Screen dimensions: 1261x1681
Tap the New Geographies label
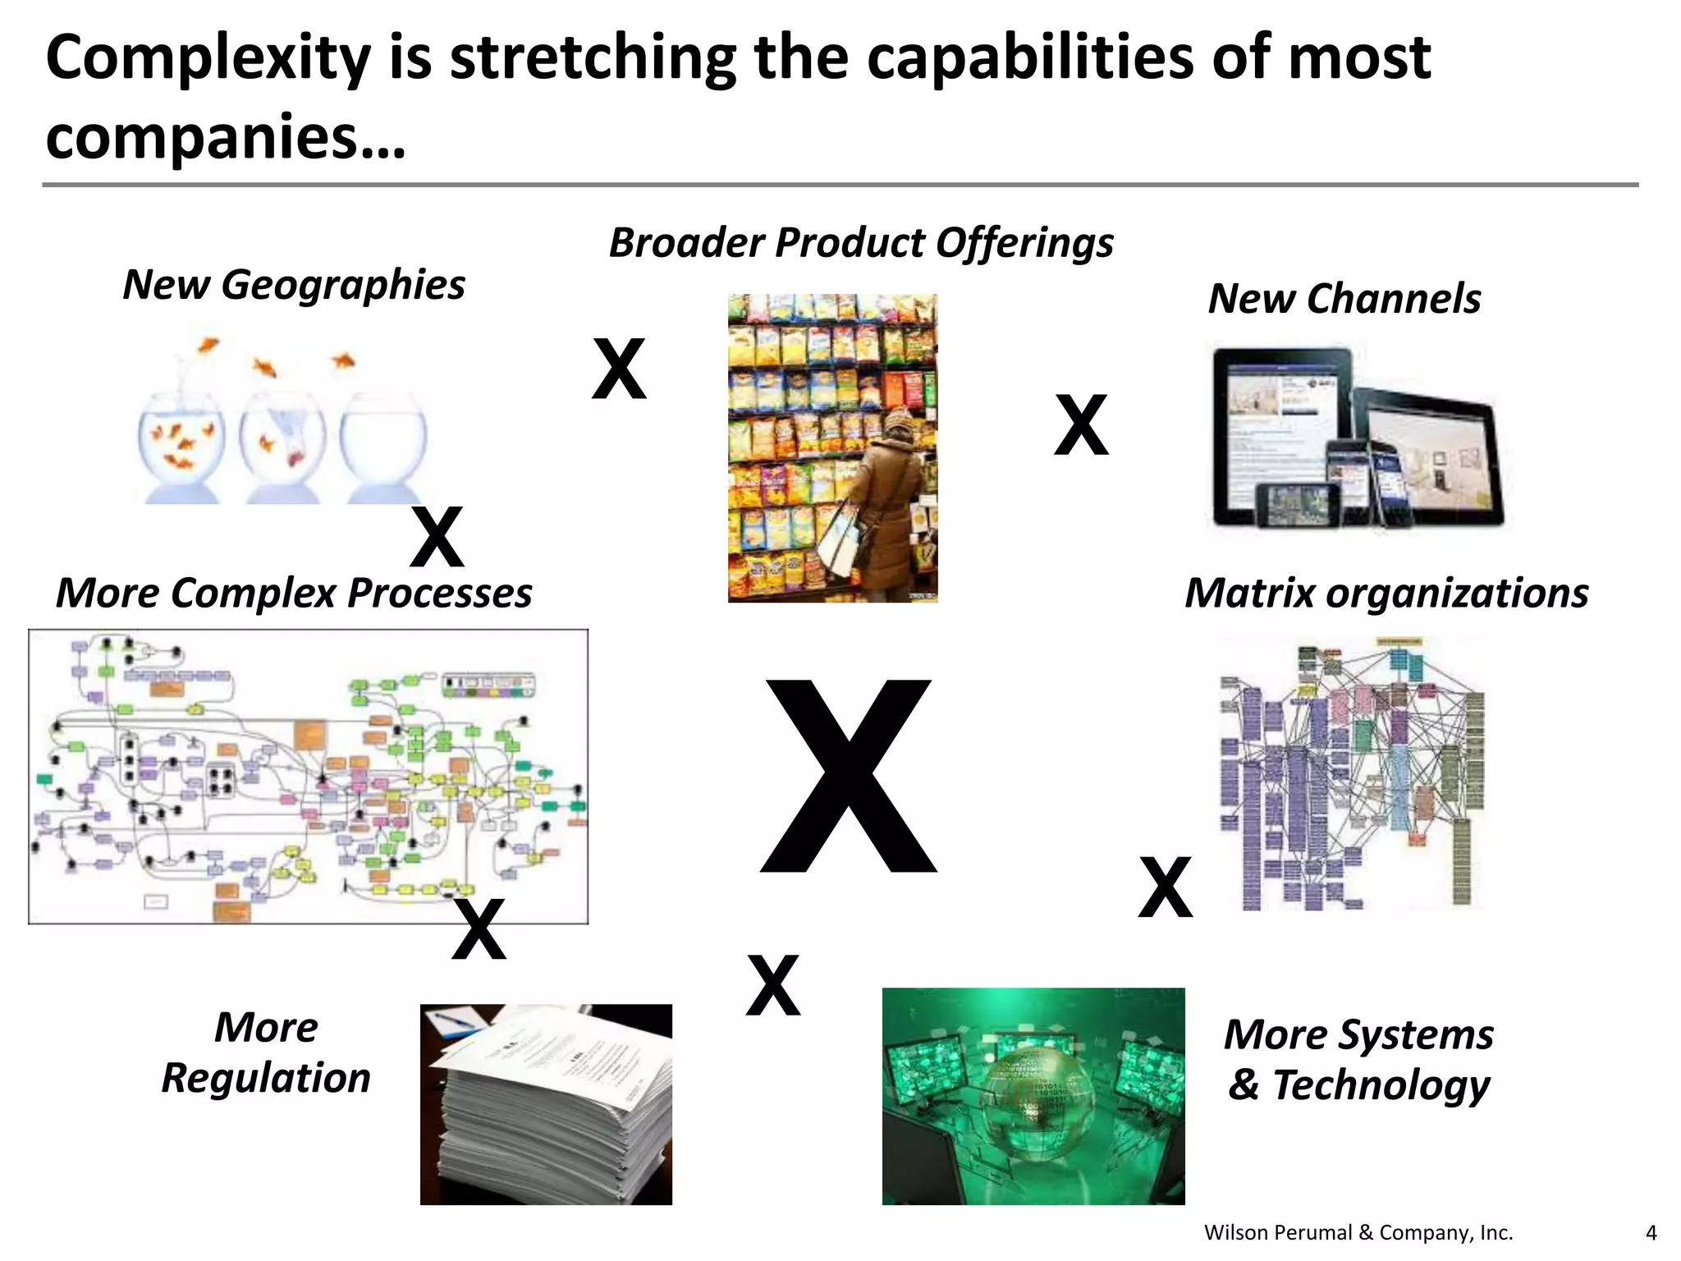pos(293,285)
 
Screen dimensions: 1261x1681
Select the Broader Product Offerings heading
pos(860,243)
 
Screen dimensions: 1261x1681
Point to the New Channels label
pos(1344,298)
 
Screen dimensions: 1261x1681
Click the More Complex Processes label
pos(293,593)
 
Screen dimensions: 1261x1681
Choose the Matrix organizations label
pos(1386,593)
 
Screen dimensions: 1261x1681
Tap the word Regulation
pos(266,1078)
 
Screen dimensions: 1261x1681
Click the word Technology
pos(1381,1085)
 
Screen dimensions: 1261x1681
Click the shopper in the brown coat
pos(886,501)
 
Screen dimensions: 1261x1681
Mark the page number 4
pos(1651,1232)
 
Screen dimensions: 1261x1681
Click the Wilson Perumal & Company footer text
pos(1358,1232)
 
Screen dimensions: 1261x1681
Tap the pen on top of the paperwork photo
pos(460,1022)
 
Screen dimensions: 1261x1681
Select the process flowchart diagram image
pos(308,776)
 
